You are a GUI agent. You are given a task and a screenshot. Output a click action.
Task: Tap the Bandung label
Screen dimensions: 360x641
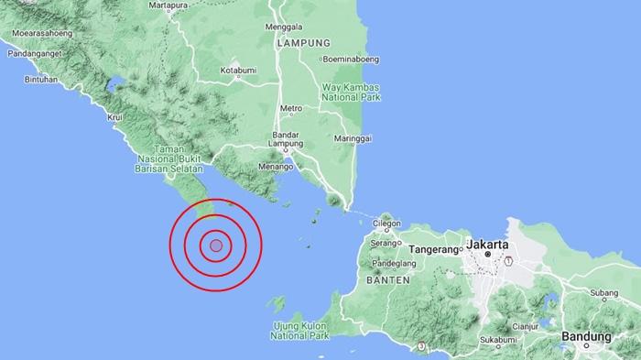coord(586,336)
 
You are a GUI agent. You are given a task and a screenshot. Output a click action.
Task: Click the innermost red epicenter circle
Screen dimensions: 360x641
coord(215,245)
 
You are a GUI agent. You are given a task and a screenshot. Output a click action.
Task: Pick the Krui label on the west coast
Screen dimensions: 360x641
coord(115,117)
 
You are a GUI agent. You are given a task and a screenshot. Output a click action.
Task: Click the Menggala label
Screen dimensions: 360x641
coord(283,27)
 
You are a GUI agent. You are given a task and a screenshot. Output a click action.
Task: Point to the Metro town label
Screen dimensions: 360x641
coord(291,108)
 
